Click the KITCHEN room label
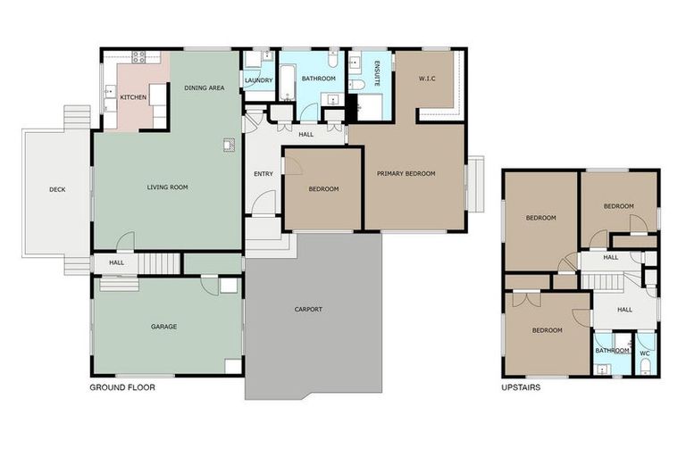(133, 97)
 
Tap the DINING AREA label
(205, 87)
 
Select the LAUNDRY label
(258, 80)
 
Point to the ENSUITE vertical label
(377, 73)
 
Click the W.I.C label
(427, 79)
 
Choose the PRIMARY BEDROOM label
(406, 174)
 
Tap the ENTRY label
(264, 174)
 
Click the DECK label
(57, 189)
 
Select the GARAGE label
(164, 327)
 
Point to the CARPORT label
(308, 309)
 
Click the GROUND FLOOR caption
(122, 387)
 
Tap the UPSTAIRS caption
(521, 387)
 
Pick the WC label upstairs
(645, 353)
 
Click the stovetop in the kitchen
(138, 57)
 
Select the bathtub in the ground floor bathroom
(288, 83)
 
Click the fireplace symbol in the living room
(229, 145)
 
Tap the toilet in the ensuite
(356, 85)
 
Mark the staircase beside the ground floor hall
(159, 262)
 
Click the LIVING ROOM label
(168, 187)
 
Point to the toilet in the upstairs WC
(646, 367)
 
